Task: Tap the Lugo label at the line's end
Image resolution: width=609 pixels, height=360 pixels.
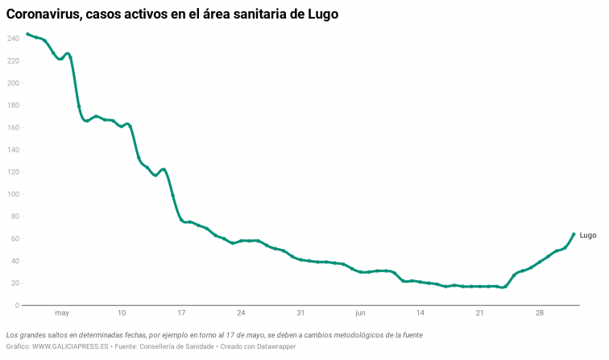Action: coord(588,235)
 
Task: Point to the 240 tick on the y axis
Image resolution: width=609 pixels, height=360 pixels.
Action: coord(12,39)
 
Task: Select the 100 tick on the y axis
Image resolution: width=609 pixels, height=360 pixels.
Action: coord(12,194)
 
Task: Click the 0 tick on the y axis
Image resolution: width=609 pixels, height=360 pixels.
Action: coord(16,305)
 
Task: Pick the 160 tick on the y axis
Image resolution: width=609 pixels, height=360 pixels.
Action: coord(12,127)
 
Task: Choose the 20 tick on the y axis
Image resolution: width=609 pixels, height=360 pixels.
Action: coord(14,283)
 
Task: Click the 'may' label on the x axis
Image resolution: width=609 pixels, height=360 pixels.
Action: coord(62,312)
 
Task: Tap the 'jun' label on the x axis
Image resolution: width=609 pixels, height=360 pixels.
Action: coord(360,312)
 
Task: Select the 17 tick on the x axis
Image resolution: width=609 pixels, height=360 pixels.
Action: coord(181,312)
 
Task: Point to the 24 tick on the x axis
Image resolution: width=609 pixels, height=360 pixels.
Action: coord(241,312)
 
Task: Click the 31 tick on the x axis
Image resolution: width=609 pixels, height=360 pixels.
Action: coord(300,312)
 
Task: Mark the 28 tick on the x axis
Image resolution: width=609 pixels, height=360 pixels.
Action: coord(540,312)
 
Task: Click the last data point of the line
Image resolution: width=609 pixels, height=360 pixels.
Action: coord(574,234)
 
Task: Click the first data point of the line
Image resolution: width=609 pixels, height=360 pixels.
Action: coord(27,34)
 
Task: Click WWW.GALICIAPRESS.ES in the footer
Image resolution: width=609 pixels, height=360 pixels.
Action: coord(71,346)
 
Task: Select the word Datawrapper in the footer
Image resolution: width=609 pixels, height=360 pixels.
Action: coord(275,346)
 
